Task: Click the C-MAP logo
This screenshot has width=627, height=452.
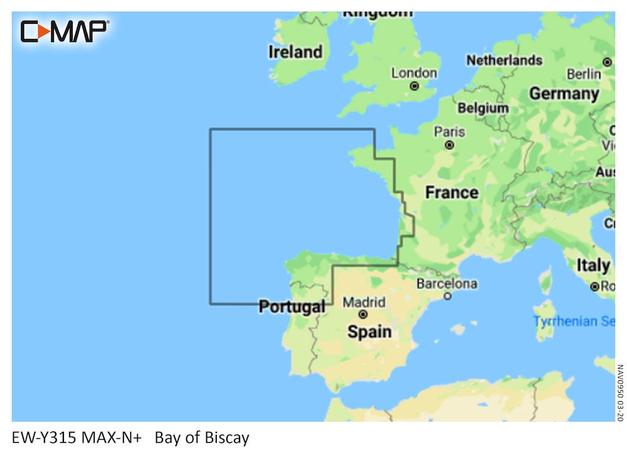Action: [65, 31]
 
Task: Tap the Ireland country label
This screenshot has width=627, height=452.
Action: [295, 52]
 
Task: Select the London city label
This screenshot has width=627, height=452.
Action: [414, 73]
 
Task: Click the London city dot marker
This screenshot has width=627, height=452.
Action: [414, 86]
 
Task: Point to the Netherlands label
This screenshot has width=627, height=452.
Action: [503, 60]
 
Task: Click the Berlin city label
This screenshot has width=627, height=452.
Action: [583, 74]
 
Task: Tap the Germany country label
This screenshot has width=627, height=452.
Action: [564, 94]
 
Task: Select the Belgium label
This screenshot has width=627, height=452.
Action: [483, 108]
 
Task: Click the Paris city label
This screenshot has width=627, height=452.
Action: [450, 132]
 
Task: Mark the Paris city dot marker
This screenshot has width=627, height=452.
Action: [450, 145]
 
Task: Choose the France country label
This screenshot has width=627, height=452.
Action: [451, 192]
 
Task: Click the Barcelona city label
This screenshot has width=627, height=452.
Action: [446, 284]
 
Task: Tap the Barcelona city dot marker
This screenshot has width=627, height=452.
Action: [447, 296]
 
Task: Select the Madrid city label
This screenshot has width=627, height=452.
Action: [364, 302]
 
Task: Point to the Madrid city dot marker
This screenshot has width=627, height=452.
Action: [363, 314]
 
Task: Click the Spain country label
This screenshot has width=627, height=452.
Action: [369, 331]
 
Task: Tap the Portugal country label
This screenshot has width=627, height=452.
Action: [292, 307]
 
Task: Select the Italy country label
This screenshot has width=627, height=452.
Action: [593, 266]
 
